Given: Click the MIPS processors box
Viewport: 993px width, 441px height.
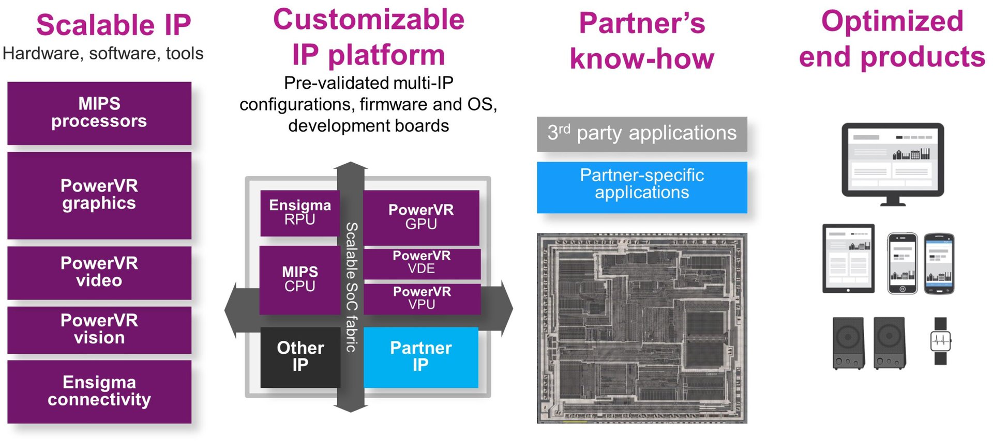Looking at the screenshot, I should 99,113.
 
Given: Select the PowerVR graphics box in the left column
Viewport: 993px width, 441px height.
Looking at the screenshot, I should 99,195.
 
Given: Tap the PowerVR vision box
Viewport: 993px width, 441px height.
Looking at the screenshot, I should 99,329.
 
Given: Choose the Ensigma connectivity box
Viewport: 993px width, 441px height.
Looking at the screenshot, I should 99,391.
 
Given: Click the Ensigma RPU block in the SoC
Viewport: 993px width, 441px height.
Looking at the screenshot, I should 299,213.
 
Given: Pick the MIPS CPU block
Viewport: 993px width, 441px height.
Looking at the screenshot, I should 299,279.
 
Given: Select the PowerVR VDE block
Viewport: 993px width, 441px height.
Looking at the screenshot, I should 422,263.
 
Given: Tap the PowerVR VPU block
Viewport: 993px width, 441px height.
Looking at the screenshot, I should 422,298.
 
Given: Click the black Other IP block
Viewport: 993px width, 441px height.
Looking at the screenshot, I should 300,357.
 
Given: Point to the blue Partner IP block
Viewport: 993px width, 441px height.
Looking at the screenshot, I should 420,357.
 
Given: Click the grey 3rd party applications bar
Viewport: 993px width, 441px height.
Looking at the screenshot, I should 642,134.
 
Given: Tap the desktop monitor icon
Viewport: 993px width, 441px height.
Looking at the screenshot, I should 893,163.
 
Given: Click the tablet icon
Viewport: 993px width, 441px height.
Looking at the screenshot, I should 848,258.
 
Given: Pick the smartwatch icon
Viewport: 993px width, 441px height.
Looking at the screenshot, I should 941,341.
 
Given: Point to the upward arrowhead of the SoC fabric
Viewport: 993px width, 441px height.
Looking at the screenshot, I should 351,166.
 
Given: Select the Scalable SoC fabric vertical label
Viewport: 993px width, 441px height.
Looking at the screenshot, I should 351,287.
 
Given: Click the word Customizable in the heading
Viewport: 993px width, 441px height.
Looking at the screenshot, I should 368,21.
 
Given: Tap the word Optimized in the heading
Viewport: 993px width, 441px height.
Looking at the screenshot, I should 892,22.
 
